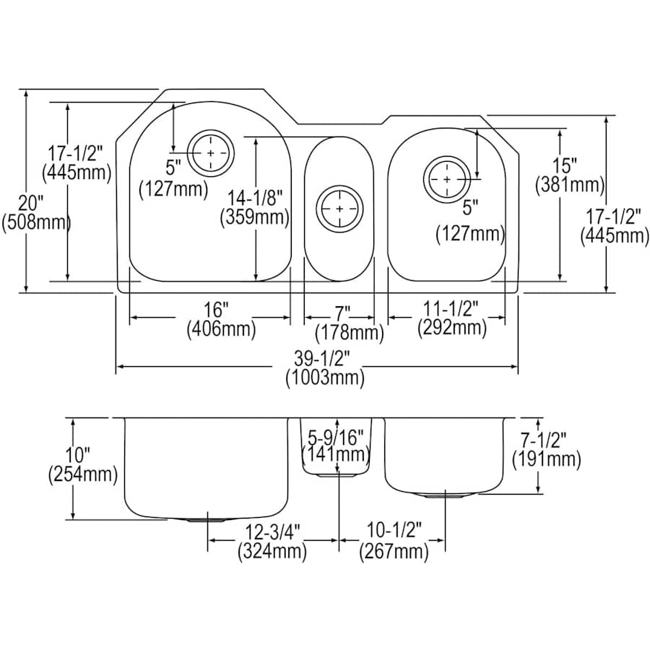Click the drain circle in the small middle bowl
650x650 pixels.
click(338, 209)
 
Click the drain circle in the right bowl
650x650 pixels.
click(447, 178)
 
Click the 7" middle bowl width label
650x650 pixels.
click(342, 313)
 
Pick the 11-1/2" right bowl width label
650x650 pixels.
click(451, 310)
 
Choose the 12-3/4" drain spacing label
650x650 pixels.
click(272, 534)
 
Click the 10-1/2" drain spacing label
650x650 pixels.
click(394, 534)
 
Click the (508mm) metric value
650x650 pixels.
click(37, 222)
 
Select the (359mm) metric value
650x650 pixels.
click(256, 216)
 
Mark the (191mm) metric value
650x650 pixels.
click(546, 458)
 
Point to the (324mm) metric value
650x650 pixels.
click(272, 552)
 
